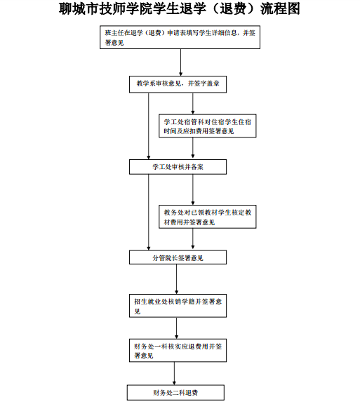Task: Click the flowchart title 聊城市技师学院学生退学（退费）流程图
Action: click(180, 8)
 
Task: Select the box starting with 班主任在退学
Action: click(180, 37)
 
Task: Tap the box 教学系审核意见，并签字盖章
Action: click(178, 84)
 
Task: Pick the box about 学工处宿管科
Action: click(208, 126)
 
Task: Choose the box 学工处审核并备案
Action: click(178, 167)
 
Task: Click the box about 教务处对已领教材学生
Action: click(208, 217)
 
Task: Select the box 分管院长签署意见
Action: click(178, 257)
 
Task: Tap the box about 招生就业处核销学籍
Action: click(178, 306)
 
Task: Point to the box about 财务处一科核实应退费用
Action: click(178, 351)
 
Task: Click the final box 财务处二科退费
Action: click(175, 393)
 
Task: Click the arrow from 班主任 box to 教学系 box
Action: click(181, 62)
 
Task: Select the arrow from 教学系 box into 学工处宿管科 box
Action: click(193, 103)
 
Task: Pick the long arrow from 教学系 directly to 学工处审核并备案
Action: click(149, 126)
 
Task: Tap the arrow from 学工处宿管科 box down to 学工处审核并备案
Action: click(193, 148)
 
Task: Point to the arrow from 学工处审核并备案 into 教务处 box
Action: click(193, 189)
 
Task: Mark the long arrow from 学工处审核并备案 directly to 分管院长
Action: click(149, 213)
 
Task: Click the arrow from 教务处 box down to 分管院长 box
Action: click(193, 239)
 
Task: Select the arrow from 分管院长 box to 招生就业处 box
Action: click(177, 279)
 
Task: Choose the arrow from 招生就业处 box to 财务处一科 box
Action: click(177, 328)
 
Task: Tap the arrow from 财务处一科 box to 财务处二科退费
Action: click(175, 373)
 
